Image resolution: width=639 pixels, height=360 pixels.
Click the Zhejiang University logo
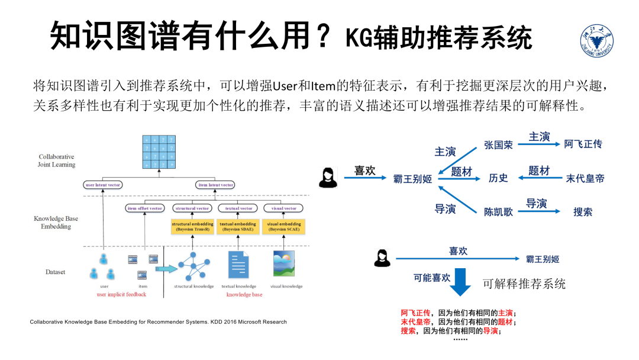coord(596,41)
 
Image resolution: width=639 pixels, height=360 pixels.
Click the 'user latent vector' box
coord(103,185)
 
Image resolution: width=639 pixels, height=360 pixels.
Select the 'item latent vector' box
coord(216,185)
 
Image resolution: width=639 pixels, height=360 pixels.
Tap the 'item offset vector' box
coord(144,208)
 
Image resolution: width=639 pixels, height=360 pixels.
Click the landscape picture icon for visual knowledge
coord(284,264)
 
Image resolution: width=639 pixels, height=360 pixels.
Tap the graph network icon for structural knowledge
coord(193,266)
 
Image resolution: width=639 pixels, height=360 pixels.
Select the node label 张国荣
coord(498,144)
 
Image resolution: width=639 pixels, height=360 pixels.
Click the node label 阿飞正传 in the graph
coord(583,144)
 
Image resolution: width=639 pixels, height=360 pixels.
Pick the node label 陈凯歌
coord(498,211)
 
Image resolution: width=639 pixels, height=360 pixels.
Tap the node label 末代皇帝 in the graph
coord(585,178)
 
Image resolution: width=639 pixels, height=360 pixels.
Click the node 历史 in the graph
coord(498,178)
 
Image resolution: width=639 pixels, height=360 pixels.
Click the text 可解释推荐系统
coord(524,284)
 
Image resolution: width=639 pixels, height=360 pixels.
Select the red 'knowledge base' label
coord(244,295)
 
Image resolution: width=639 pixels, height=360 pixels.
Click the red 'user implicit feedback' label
coord(121,295)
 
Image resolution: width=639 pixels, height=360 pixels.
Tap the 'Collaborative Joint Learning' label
coord(57,160)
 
